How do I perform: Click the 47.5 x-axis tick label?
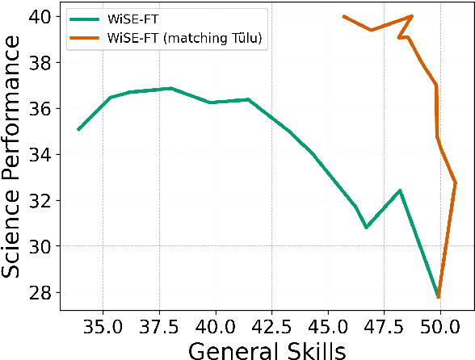pos(384,329)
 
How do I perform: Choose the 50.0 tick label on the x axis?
pos(440,329)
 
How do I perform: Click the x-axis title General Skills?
pos(267,350)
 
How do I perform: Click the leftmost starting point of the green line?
pos(78,129)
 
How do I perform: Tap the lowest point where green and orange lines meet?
pos(439,297)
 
